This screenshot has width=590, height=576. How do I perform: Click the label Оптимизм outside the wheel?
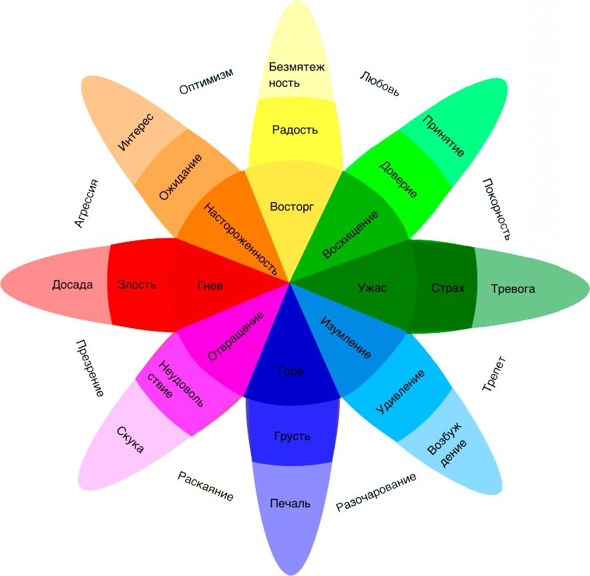tap(206, 82)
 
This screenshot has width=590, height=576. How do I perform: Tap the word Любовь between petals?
tap(380, 84)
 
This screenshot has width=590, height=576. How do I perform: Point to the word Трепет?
tap(494, 374)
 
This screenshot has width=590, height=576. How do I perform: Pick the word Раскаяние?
tap(206, 486)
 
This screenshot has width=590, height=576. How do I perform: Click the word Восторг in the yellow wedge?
tap(291, 206)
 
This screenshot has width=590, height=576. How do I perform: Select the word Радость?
tap(295, 130)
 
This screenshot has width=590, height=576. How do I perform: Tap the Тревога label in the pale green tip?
tap(513, 289)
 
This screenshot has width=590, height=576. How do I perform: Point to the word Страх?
tap(448, 288)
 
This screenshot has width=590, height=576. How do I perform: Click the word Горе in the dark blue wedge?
tap(291, 371)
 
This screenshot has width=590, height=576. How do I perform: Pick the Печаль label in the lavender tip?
tap(290, 503)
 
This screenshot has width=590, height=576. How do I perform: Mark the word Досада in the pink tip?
tap(72, 285)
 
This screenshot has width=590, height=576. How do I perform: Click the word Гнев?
tap(210, 285)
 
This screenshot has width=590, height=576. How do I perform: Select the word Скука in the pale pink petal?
tap(130, 440)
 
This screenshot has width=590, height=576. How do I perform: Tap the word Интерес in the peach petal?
tap(136, 132)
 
